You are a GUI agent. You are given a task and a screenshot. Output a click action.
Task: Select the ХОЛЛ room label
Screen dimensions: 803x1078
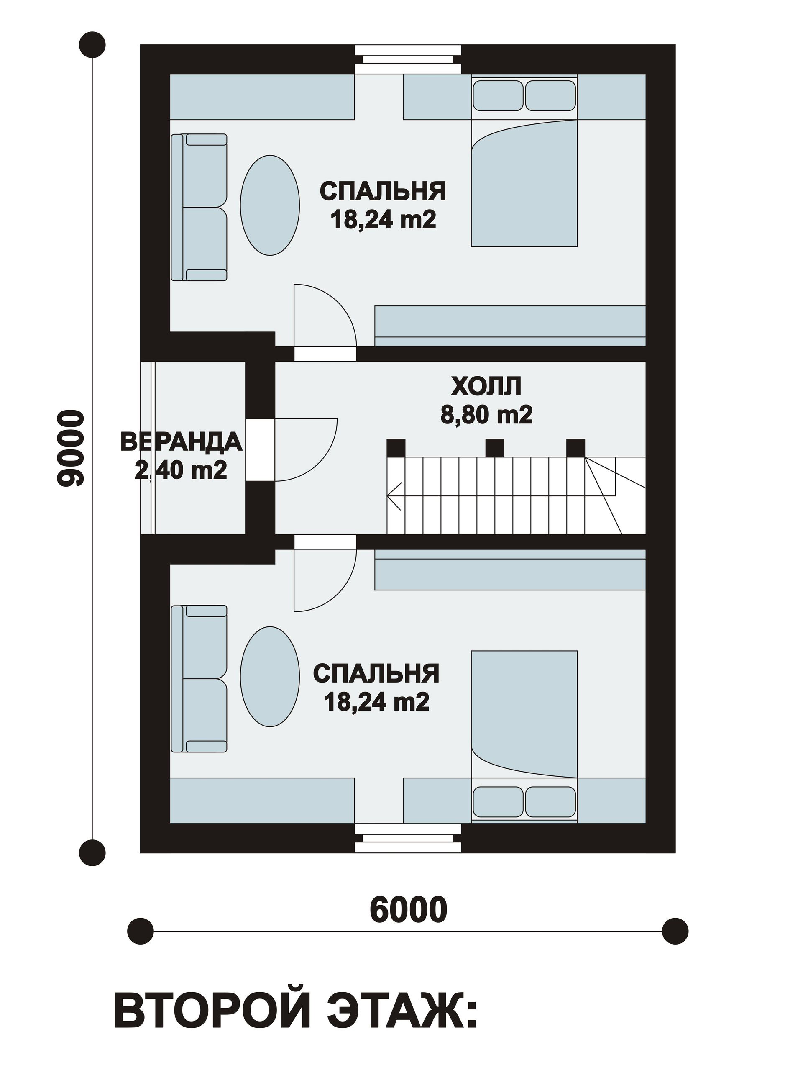point(486,387)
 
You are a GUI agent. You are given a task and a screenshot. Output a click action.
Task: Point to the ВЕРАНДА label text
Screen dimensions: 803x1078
point(181,442)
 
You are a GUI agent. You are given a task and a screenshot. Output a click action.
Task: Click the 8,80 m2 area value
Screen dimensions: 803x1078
point(486,415)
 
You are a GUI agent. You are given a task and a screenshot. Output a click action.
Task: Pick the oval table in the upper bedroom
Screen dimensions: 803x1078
point(270,205)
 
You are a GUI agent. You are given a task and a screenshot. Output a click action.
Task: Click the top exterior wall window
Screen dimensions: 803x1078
point(408,59)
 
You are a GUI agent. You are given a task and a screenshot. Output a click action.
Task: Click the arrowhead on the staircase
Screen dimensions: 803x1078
point(393,496)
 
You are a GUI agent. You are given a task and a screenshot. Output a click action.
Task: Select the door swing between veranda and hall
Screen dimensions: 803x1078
point(306,450)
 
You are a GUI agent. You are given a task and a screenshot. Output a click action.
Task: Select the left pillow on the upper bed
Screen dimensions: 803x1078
point(498,95)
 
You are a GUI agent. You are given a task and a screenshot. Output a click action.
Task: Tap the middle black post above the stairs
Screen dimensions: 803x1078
point(495,447)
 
